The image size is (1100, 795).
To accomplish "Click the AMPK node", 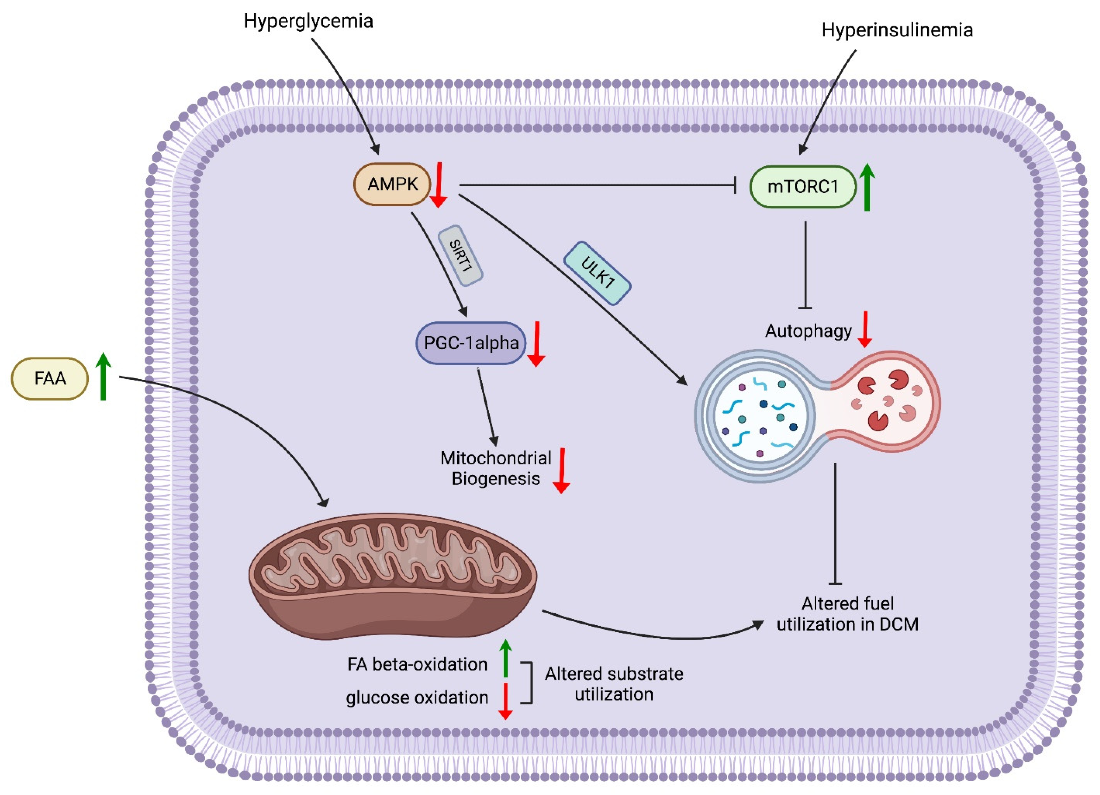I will [x=392, y=184].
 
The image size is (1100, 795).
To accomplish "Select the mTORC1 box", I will [x=803, y=187].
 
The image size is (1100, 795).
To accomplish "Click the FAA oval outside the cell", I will [x=50, y=378].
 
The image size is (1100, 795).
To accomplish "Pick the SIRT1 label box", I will [x=460, y=256].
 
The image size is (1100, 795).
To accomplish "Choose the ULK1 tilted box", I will [x=597, y=273].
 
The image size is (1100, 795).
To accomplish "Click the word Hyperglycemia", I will [x=308, y=21].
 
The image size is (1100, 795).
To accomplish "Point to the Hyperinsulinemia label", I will [x=897, y=30].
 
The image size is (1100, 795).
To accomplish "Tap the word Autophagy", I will [x=808, y=331].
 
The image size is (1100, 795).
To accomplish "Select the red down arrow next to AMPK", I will [x=439, y=186].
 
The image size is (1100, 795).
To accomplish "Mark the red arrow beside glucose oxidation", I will [x=505, y=700].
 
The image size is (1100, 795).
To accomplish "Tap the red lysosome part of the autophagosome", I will [x=888, y=402].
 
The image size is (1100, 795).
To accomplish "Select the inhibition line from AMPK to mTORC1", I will [x=597, y=185].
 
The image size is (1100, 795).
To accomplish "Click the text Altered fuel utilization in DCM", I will [x=847, y=614].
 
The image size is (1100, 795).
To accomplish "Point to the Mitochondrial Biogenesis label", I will [x=496, y=468].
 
